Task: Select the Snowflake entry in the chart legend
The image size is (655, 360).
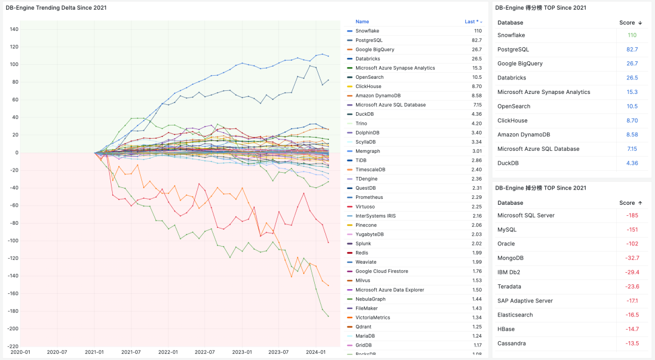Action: (368, 31)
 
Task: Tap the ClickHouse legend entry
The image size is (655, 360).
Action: (369, 87)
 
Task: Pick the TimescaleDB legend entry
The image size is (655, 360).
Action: (370, 170)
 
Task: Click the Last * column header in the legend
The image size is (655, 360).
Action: (471, 22)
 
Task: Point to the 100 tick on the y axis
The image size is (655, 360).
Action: (13, 64)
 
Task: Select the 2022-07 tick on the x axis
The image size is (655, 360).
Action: (205, 352)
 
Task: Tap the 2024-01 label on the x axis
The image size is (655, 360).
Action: (316, 352)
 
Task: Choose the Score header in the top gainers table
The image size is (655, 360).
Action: (627, 23)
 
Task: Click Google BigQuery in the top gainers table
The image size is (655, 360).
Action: (520, 64)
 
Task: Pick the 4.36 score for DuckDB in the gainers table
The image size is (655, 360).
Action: (631, 163)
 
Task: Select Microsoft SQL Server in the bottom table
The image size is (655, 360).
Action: (526, 215)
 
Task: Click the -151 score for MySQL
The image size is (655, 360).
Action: (631, 230)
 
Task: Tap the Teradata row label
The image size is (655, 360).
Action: (509, 287)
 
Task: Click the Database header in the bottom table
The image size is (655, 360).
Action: (510, 203)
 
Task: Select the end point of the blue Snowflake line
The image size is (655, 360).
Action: (329, 56)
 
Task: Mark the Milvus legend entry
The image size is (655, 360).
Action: (363, 281)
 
